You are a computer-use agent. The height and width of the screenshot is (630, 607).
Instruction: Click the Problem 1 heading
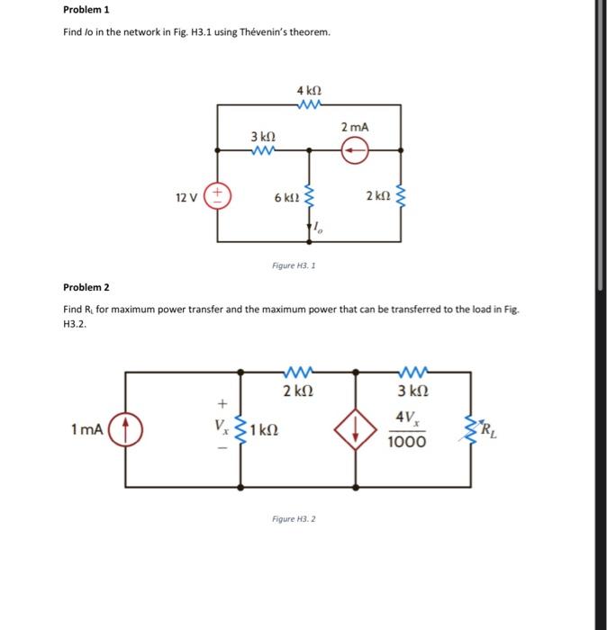point(86,11)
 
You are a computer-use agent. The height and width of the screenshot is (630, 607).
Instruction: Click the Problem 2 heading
point(86,288)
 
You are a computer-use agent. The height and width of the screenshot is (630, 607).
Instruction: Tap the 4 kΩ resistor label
point(309,91)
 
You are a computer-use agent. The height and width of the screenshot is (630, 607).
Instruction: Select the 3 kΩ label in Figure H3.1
point(263,136)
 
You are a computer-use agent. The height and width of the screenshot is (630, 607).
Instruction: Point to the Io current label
point(319,230)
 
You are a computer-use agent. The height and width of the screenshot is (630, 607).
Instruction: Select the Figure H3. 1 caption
point(294,266)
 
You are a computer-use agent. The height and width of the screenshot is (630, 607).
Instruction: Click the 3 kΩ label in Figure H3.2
point(412,391)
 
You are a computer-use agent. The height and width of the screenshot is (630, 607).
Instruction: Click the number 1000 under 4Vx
point(408,442)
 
